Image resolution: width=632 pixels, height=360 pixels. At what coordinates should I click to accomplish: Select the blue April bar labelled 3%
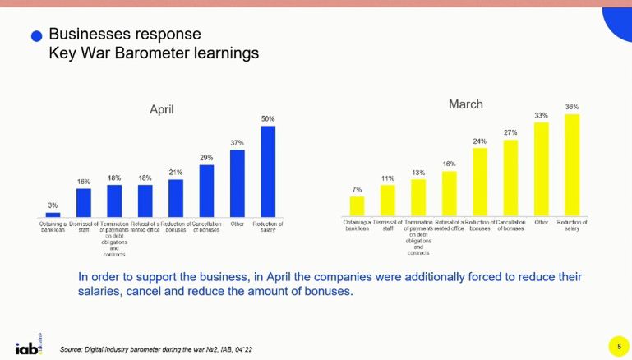pyautogui.click(x=53, y=214)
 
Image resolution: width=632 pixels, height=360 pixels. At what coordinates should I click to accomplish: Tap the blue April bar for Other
pyautogui.click(x=238, y=182)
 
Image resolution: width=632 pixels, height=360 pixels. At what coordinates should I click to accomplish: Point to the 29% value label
pyautogui.click(x=206, y=158)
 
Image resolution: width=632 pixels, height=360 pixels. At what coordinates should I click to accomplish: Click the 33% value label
pyautogui.click(x=542, y=116)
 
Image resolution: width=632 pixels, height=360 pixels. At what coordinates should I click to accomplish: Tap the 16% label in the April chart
pyautogui.click(x=83, y=182)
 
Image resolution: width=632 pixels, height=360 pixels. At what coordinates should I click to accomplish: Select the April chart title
pyautogui.click(x=161, y=109)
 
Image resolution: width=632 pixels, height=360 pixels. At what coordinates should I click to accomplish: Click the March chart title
pyautogui.click(x=465, y=104)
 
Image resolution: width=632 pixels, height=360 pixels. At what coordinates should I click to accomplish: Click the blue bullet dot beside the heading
pyautogui.click(x=36, y=36)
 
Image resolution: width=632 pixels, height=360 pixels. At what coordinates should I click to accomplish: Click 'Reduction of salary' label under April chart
pyautogui.click(x=268, y=226)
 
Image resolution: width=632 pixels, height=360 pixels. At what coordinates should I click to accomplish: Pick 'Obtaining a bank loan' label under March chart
pyautogui.click(x=357, y=224)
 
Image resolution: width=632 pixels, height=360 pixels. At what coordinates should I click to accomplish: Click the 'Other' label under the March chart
pyautogui.click(x=542, y=222)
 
